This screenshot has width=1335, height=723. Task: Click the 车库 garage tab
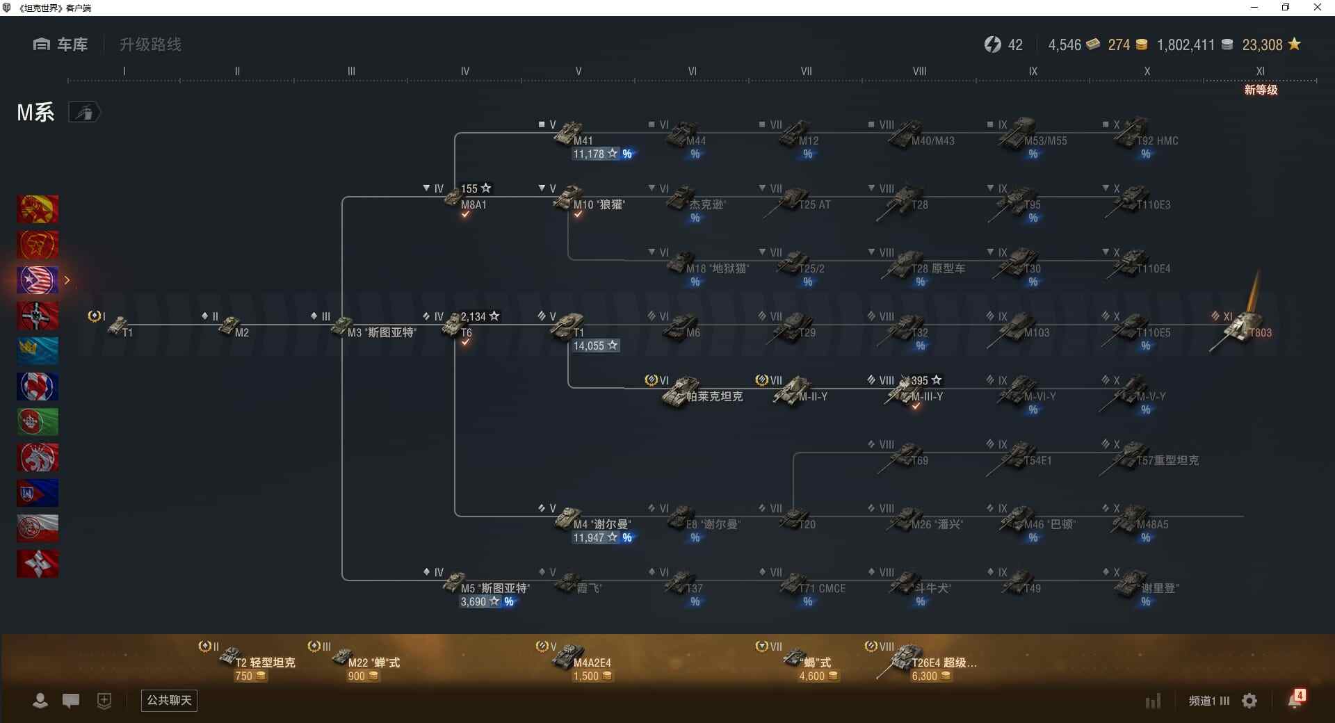(61, 44)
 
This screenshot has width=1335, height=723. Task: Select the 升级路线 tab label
(150, 44)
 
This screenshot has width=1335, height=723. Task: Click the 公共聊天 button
(169, 700)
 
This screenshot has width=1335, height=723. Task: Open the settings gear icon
(1249, 701)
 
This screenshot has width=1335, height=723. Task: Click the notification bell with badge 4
(1295, 699)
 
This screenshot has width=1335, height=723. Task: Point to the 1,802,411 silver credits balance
(1186, 45)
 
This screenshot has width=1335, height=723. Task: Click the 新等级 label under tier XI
(1261, 90)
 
